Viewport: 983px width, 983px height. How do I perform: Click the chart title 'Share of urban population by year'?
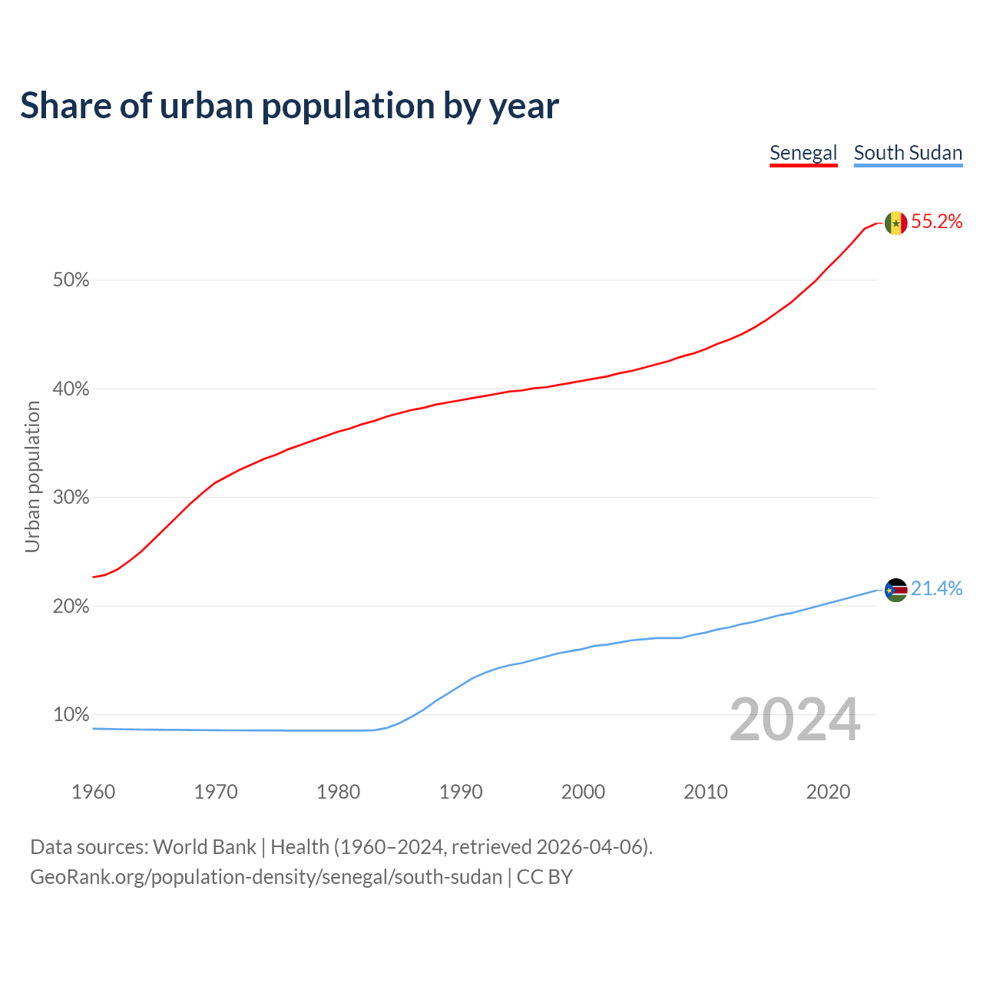click(x=290, y=106)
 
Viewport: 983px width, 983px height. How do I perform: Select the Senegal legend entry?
click(x=803, y=153)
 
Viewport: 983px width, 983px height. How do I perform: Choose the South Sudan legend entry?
click(x=908, y=153)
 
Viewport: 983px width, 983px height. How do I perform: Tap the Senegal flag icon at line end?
click(x=895, y=223)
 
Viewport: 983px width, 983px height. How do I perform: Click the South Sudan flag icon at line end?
click(x=895, y=590)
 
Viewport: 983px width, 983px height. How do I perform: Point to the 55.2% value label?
click(x=937, y=222)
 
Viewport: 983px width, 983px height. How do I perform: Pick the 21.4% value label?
click(x=937, y=589)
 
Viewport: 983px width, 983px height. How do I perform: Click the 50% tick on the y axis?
click(x=71, y=280)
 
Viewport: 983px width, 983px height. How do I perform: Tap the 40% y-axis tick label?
click(x=71, y=389)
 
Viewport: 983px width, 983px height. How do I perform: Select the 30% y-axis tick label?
click(x=71, y=498)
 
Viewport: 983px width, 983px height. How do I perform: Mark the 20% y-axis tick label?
click(x=71, y=607)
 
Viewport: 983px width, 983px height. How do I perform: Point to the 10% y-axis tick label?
click(x=71, y=715)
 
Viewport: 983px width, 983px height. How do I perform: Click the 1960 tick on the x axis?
click(x=94, y=792)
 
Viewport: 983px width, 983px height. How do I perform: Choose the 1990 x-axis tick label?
click(x=461, y=792)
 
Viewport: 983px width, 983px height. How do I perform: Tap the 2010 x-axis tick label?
click(x=706, y=792)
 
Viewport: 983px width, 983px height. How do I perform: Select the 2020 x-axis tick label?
click(x=828, y=792)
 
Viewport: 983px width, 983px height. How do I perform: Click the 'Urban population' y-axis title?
click(x=32, y=476)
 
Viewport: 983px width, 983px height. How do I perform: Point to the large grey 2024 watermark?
click(x=795, y=720)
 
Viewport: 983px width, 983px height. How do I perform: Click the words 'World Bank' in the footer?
click(x=204, y=847)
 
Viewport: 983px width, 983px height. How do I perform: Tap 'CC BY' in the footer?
click(x=544, y=877)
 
